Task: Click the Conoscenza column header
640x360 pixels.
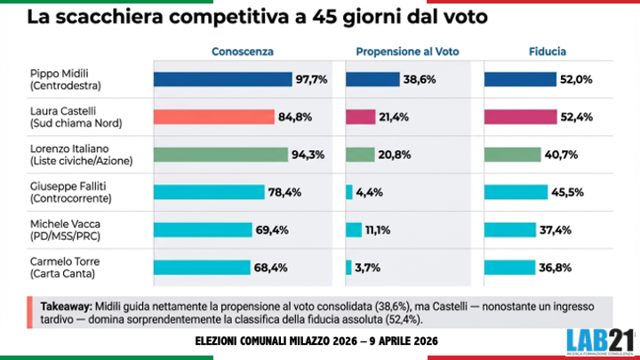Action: [242, 52]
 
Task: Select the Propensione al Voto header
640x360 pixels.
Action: [406, 52]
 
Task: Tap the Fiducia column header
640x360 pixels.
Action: [547, 52]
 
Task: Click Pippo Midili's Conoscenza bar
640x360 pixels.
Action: [222, 79]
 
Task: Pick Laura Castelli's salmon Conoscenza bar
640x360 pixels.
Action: [213, 116]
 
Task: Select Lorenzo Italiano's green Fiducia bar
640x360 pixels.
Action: [512, 154]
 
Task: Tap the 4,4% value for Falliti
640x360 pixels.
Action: [370, 191]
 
